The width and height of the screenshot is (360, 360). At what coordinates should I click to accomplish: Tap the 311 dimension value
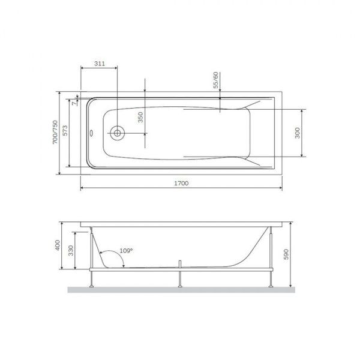(100, 63)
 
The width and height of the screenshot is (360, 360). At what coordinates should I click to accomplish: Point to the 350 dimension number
(140, 117)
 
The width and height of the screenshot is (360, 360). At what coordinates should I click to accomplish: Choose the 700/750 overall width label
(55, 133)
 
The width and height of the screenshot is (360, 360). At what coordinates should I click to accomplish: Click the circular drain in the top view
(118, 133)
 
